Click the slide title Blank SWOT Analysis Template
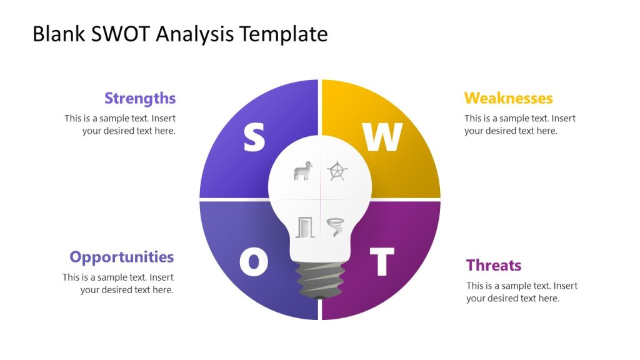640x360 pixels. (180, 34)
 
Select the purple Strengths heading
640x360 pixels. (140, 98)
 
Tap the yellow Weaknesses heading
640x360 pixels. (508, 98)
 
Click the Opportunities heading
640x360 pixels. (122, 257)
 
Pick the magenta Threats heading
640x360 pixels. (493, 265)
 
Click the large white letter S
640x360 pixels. (254, 137)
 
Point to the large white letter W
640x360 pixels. (382, 137)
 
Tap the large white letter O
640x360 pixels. (254, 262)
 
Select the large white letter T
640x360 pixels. (382, 262)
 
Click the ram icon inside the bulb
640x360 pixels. (303, 171)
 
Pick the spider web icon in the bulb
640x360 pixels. (337, 171)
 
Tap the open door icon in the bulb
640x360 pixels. (304, 227)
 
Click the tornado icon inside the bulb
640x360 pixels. (336, 227)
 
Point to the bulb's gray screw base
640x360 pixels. (320, 279)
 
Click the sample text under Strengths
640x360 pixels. (120, 124)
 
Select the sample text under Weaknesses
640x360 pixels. (519, 124)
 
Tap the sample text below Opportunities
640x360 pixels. (118, 283)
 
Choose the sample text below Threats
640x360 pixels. (521, 292)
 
